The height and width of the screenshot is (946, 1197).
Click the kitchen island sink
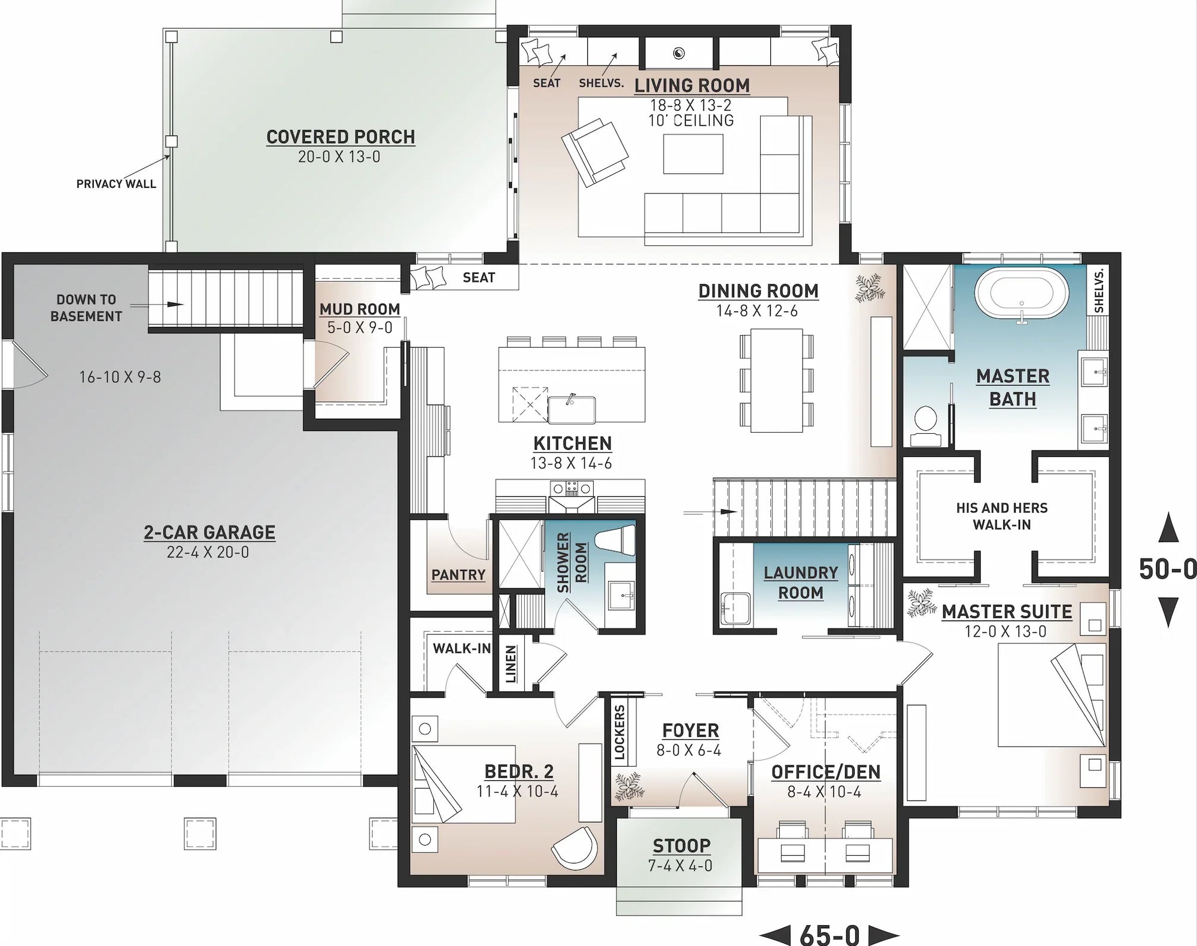pyautogui.click(x=572, y=409)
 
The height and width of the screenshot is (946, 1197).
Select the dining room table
pyautogui.click(x=777, y=379)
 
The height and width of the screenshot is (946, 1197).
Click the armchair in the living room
pyautogui.click(x=594, y=152)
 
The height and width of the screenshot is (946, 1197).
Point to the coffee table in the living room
pyautogui.click(x=692, y=154)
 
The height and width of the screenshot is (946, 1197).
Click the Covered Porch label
pyautogui.click(x=341, y=137)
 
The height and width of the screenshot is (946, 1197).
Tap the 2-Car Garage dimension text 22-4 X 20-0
pyautogui.click(x=208, y=552)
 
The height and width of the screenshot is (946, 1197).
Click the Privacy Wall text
pyautogui.click(x=116, y=184)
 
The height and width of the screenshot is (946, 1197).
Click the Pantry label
pyautogui.click(x=458, y=574)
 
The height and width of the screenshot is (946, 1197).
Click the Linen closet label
pyautogui.click(x=511, y=664)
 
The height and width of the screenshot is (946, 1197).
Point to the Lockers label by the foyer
pyautogui.click(x=619, y=732)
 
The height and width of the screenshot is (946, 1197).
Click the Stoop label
pyautogui.click(x=681, y=845)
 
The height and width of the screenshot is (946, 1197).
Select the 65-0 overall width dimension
pyautogui.click(x=829, y=934)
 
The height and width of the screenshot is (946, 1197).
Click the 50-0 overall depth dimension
pyautogui.click(x=1167, y=568)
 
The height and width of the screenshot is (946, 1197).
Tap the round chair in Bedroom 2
pyautogui.click(x=575, y=848)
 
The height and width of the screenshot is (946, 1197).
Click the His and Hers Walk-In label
pyautogui.click(x=1001, y=516)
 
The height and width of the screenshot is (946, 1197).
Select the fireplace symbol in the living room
pyautogui.click(x=678, y=53)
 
